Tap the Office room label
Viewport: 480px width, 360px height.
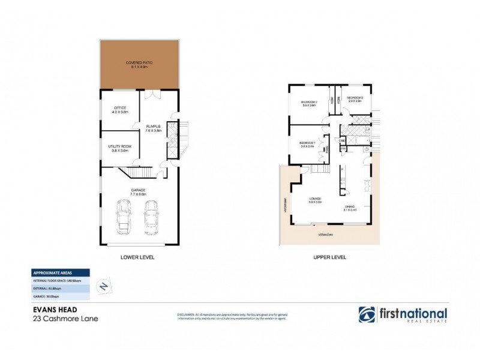pos(119,108)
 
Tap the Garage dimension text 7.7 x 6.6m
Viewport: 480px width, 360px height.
pos(139,194)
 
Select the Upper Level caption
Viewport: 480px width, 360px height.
pos(329,257)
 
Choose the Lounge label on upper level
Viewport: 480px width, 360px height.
pos(316,199)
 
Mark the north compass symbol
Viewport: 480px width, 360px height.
pos(103,287)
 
